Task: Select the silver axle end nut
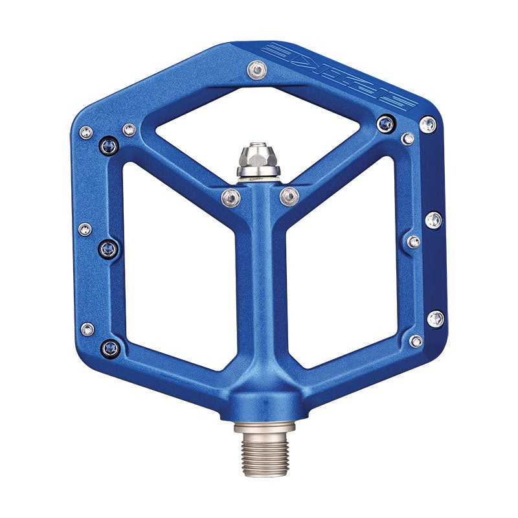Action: tap(258, 159)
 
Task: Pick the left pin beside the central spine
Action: tap(230, 196)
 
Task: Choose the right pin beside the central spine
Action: tap(289, 195)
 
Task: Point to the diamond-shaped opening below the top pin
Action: tap(258, 123)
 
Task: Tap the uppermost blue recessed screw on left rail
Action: tap(108, 146)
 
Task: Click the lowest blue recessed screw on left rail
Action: tap(109, 350)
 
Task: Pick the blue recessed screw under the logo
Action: tap(386, 123)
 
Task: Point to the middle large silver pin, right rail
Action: tap(434, 220)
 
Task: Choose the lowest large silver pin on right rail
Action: tap(436, 318)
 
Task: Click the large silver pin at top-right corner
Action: tap(428, 124)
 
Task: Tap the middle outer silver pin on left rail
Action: tap(85, 229)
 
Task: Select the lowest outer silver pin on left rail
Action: tap(87, 329)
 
